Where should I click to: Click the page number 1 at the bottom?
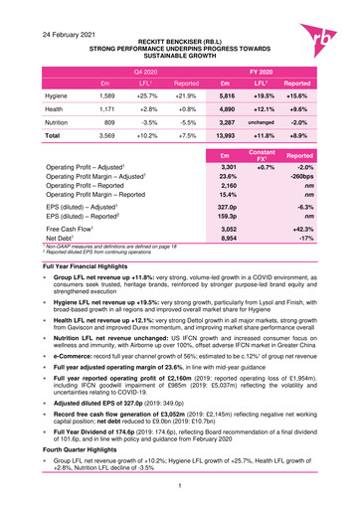(180, 484)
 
